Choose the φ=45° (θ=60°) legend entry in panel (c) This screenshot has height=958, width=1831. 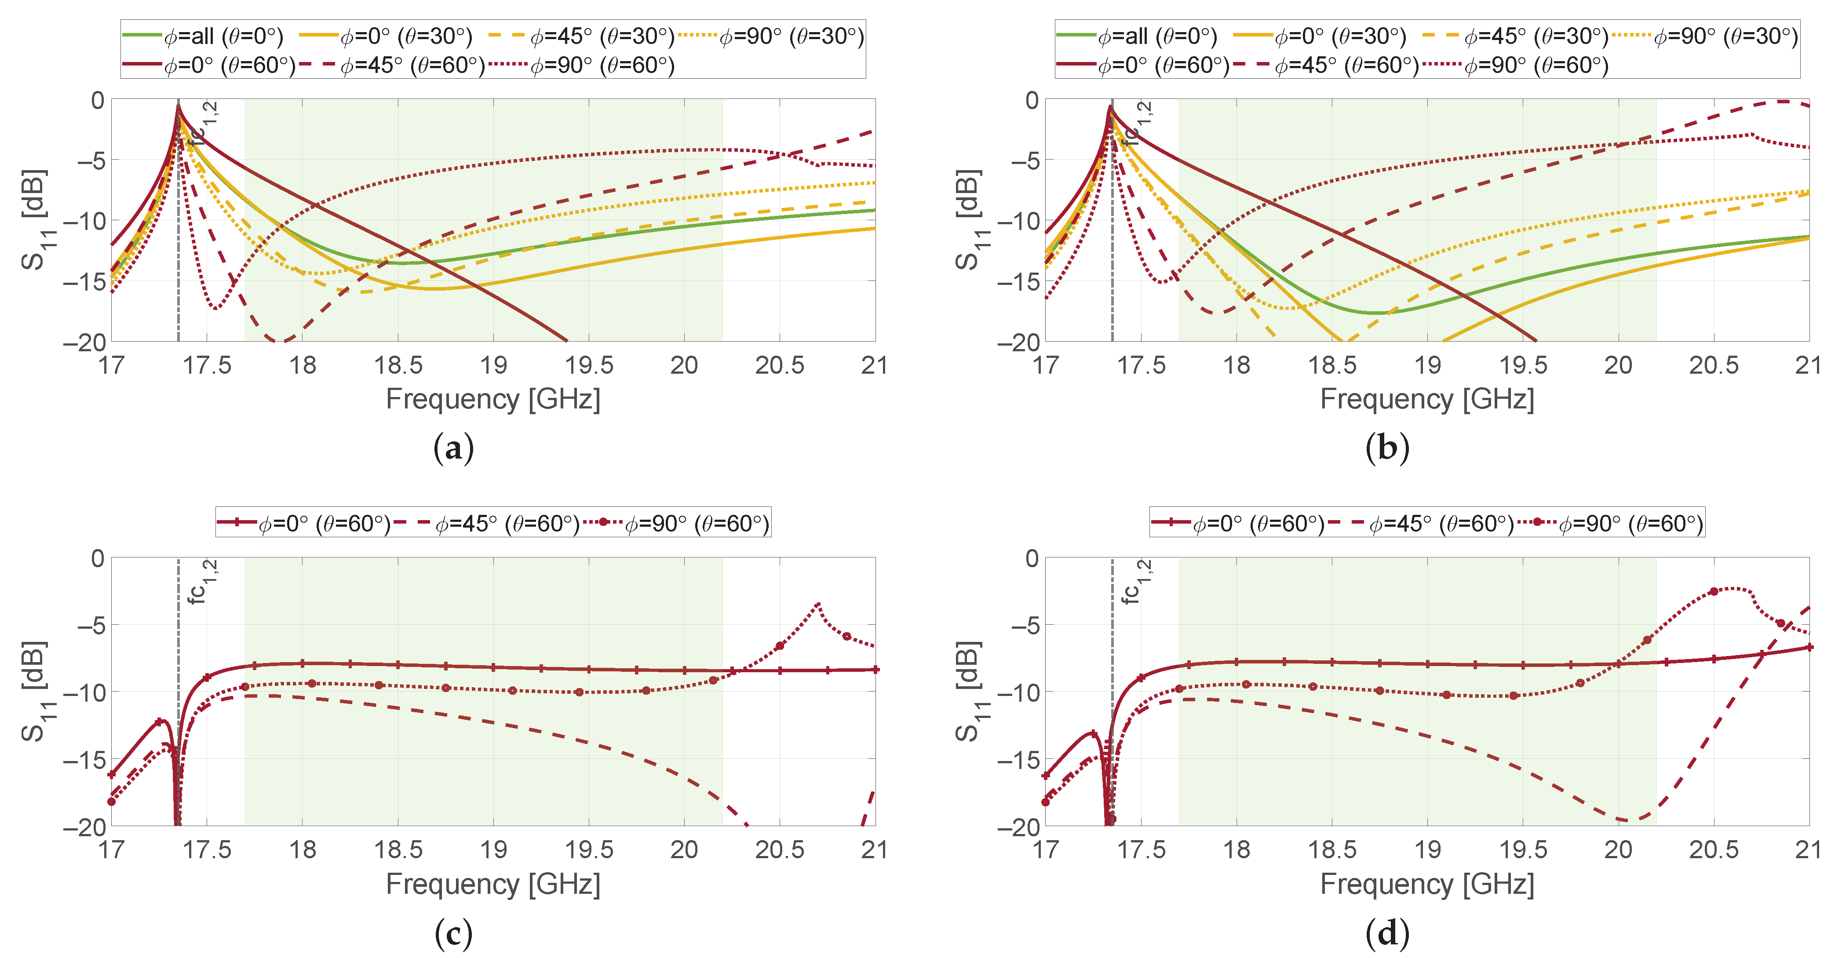tap(487, 524)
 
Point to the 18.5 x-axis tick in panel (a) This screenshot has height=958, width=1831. tap(398, 365)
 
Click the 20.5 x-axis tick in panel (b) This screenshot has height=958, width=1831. tap(1713, 365)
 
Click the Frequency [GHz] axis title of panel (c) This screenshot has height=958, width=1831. tap(492, 884)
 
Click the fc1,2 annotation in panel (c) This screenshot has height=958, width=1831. tap(201, 581)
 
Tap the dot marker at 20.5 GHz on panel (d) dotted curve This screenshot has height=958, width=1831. tap(1714, 591)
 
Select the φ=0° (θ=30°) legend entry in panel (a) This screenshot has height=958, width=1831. tap(386, 36)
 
